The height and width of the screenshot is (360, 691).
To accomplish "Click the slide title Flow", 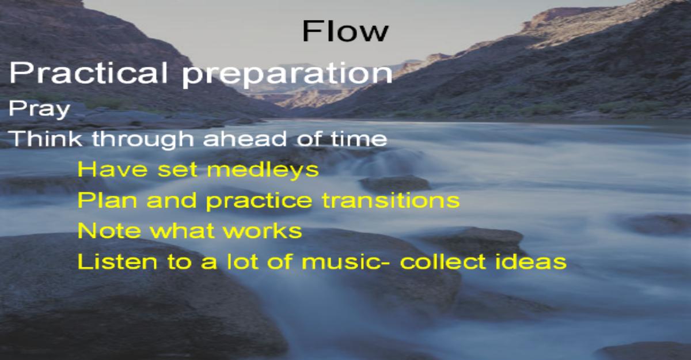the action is [345, 31].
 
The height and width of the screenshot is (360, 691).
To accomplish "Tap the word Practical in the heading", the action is [89, 73].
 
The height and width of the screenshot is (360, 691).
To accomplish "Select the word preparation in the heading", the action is [287, 75].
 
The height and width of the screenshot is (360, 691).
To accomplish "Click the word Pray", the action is [39, 110].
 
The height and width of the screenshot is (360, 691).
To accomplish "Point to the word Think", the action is [45, 138].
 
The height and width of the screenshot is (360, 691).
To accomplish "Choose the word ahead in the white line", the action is [245, 138].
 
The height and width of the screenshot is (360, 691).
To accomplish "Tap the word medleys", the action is [263, 170].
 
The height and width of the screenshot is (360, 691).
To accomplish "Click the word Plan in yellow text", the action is [107, 200].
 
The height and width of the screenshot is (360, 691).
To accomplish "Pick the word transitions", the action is [391, 200].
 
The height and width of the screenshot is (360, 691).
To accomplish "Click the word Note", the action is [109, 231].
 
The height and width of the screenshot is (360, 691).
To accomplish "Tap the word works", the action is [263, 231].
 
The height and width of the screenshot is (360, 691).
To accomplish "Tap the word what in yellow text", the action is [183, 231].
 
